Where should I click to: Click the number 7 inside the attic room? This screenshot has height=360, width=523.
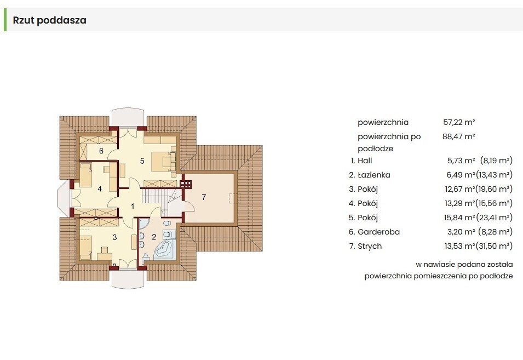(204, 197)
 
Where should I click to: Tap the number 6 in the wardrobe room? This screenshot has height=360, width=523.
(101, 151)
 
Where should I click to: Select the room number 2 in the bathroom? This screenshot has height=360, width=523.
(154, 237)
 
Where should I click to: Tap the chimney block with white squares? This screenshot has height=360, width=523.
(186, 185)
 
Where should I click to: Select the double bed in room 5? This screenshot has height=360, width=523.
(163, 162)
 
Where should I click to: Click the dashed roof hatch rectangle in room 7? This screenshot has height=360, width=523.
(234, 198)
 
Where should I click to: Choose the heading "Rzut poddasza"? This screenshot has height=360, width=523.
(50, 20)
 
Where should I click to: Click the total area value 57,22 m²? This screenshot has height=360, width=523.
(459, 122)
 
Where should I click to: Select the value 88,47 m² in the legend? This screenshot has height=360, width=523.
(458, 136)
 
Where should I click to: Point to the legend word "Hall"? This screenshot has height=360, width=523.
(365, 161)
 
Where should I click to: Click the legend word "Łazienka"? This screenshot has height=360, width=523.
(374, 175)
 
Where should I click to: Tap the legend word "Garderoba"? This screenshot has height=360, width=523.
(378, 232)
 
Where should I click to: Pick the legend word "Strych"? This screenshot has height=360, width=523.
(370, 246)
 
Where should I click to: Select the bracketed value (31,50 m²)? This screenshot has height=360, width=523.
(495, 246)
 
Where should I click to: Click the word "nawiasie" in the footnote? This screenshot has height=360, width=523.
(439, 265)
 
